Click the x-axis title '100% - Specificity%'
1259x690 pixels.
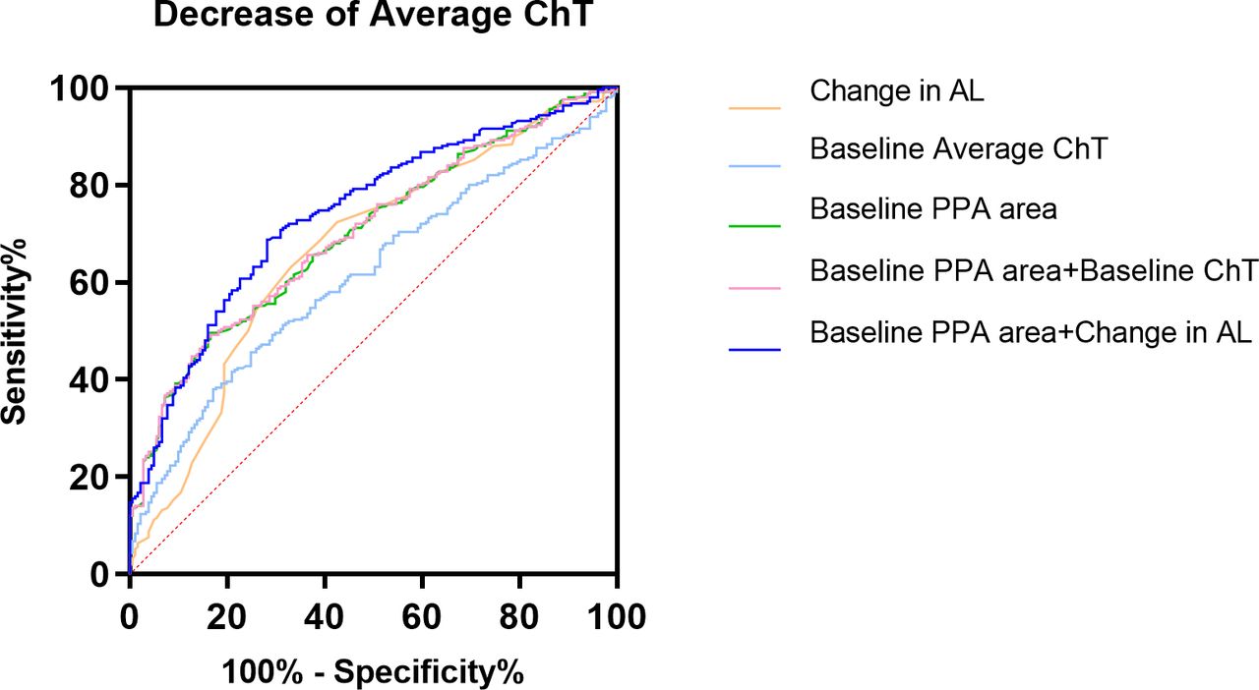373,672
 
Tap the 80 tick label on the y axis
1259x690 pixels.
92,185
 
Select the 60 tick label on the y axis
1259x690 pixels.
92,282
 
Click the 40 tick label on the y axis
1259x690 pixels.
92,379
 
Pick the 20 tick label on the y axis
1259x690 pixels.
92,477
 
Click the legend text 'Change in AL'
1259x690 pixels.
897,91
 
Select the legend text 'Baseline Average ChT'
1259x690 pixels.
959,149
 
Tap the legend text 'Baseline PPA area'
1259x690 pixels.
933,208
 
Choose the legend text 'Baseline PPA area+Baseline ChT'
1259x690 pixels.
1034,270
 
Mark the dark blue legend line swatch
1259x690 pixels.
754,349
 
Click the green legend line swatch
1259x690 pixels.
754,226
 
